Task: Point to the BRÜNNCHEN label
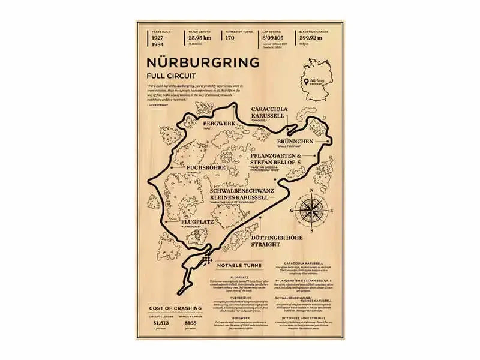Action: (x=295, y=141)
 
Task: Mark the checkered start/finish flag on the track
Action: (x=208, y=260)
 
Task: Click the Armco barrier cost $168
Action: (x=191, y=323)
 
